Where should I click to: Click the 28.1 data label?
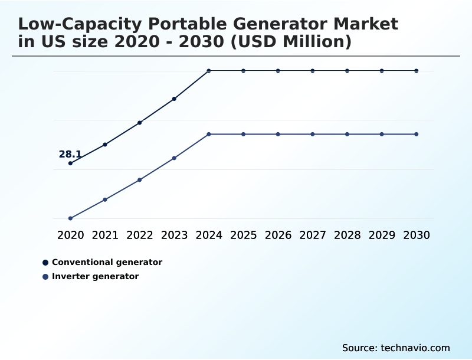pyautogui.click(x=70, y=155)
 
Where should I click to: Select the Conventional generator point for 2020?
pyautogui.click(x=70, y=163)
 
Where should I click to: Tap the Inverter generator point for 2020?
pyautogui.click(x=70, y=218)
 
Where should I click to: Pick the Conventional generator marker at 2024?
pyautogui.click(x=209, y=71)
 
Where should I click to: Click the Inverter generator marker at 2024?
pyautogui.click(x=209, y=135)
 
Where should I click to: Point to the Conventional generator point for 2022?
pyautogui.click(x=140, y=123)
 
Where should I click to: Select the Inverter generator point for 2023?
pyautogui.click(x=174, y=158)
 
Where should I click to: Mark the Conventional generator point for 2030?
pyautogui.click(x=417, y=71)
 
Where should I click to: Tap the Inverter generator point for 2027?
pyautogui.click(x=313, y=135)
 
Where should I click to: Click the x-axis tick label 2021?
pyautogui.click(x=105, y=235)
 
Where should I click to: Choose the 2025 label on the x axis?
pyautogui.click(x=243, y=235)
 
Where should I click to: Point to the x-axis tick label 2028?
pyautogui.click(x=347, y=235)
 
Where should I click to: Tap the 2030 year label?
pyautogui.click(x=417, y=235)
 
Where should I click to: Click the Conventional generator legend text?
pyautogui.click(x=107, y=262)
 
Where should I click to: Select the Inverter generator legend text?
pyautogui.click(x=95, y=276)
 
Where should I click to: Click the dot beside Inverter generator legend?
pyautogui.click(x=45, y=276)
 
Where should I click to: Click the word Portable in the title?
pyautogui.click(x=178, y=25)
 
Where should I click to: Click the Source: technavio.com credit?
pyautogui.click(x=396, y=348)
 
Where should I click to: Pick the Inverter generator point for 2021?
pyautogui.click(x=105, y=199)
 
